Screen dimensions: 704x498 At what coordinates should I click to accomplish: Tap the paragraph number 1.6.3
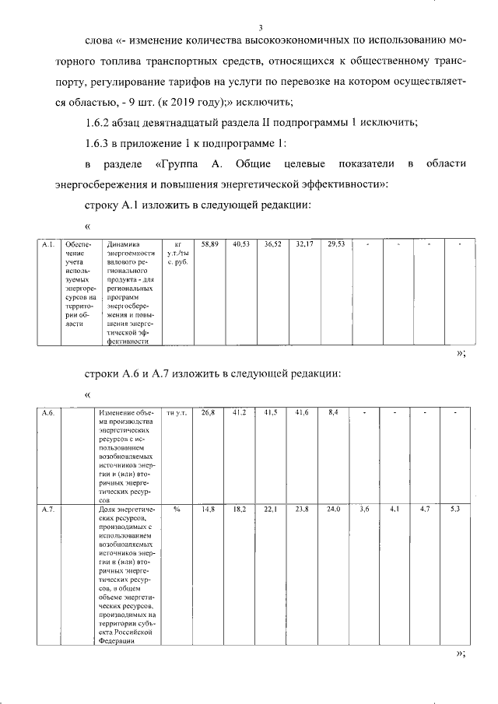pos(100,144)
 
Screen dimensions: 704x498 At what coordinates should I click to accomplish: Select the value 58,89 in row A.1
pos(209,244)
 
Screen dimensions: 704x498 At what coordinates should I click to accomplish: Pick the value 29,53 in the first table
pos(336,244)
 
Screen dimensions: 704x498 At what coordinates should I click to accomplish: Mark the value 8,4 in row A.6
pos(335,412)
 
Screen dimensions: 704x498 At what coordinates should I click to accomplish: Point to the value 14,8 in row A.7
pos(209,509)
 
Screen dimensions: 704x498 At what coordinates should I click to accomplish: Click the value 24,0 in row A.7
pos(335,509)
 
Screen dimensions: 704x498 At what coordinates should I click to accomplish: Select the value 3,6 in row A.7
pos(364,509)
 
